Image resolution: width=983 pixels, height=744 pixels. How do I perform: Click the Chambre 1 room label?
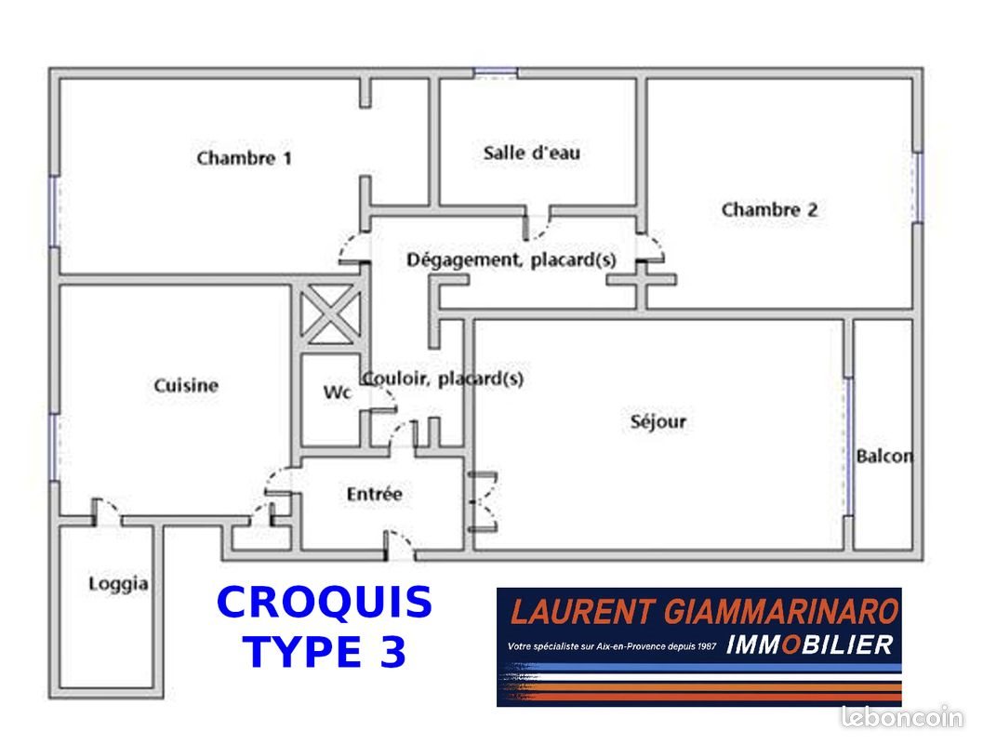[x=244, y=157]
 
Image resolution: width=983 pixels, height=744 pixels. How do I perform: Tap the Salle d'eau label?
[x=532, y=153]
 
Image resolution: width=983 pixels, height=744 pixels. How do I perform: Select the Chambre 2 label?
[x=769, y=209]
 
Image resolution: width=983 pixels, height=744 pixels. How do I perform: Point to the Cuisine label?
[x=186, y=385]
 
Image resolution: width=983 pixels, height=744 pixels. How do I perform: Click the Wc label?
[x=337, y=392]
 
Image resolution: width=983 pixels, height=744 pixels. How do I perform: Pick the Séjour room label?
[x=658, y=421]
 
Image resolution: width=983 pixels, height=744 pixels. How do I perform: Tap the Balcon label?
[x=884, y=456]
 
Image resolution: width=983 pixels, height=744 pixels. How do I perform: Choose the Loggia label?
[x=118, y=584]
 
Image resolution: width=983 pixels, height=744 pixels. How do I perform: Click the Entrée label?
[x=374, y=494]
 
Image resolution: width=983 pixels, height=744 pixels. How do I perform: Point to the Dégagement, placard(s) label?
[x=511, y=259]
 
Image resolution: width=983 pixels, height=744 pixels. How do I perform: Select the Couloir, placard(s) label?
[x=443, y=379]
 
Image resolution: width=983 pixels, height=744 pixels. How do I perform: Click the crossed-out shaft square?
[x=330, y=314]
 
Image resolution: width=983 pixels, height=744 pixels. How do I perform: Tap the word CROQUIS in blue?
[x=325, y=603]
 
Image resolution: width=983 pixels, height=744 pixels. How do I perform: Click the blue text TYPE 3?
[x=325, y=651]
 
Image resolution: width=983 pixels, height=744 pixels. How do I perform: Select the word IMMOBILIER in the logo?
[x=809, y=645]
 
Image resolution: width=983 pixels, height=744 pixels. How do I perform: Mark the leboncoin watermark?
[x=902, y=717]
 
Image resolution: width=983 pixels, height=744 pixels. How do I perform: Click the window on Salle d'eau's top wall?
[x=496, y=73]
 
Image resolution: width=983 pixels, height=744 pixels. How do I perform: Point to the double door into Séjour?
[x=483, y=502]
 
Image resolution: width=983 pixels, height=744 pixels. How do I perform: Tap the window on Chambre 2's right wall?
[x=918, y=187]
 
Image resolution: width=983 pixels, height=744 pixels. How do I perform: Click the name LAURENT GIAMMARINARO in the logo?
[x=705, y=611]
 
